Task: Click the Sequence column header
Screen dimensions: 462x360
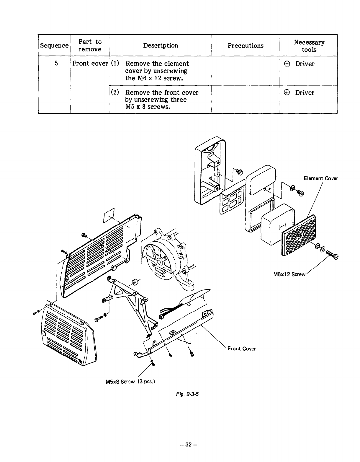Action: (x=54, y=45)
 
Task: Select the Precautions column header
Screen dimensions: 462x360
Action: (x=245, y=45)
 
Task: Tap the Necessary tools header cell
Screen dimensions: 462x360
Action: (x=309, y=46)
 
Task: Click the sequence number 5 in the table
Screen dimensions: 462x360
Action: (x=56, y=64)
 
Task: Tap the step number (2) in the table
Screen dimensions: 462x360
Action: (x=115, y=92)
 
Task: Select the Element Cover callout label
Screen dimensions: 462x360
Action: (x=320, y=178)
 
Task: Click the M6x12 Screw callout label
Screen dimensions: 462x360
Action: (x=289, y=274)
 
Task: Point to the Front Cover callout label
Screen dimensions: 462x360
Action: (x=241, y=349)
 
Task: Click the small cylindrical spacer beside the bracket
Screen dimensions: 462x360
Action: (x=135, y=282)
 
